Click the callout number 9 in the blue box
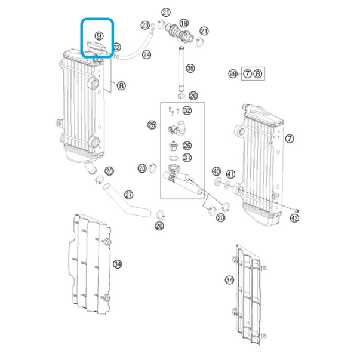[x=99, y=36]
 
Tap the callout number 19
[x=184, y=23]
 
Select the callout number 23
[x=145, y=25]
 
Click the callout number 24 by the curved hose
[x=146, y=55]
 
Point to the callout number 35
[x=190, y=68]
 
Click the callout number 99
[x=233, y=74]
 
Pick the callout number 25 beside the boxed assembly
[x=152, y=125]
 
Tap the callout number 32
[x=187, y=110]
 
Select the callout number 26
[x=187, y=146]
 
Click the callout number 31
[x=187, y=158]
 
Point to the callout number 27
[x=128, y=195]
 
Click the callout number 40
[x=216, y=171]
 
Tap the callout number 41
[x=230, y=174]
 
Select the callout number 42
[x=294, y=218]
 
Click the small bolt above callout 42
[x=296, y=210]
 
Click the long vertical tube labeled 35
[x=181, y=69]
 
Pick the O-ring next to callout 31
[x=174, y=158]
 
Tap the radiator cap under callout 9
[x=97, y=48]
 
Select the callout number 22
[x=117, y=47]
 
